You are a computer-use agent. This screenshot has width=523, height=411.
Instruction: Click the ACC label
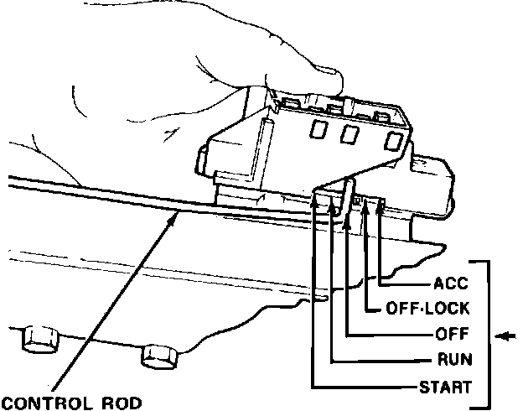(x=451, y=283)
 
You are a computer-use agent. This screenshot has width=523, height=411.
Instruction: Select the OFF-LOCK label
(x=427, y=308)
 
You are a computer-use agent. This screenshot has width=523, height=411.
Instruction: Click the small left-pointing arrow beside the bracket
(x=505, y=337)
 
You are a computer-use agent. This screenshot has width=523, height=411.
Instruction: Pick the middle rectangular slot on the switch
(x=347, y=134)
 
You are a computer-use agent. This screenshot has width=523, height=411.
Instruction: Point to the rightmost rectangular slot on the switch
(x=391, y=141)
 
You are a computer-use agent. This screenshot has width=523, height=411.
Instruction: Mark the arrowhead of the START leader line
(x=313, y=198)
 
